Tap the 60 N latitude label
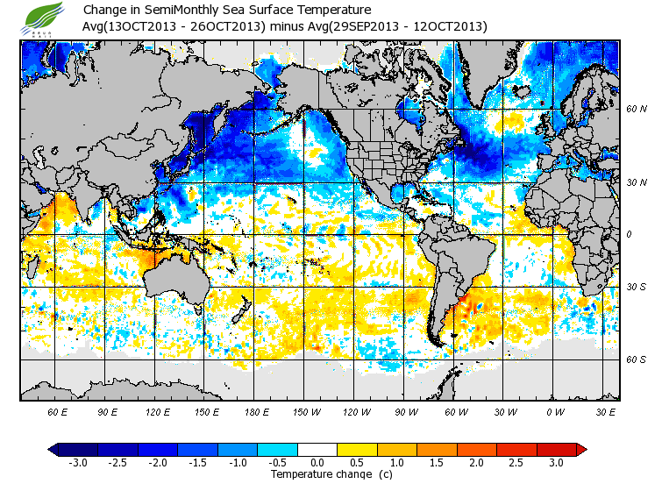coord(636,110)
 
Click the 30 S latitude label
coord(636,287)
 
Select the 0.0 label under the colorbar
coord(317,462)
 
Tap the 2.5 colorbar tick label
coord(516,462)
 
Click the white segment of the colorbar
coord(317,449)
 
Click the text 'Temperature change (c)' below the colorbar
coord(318,474)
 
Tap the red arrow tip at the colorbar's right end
coord(581,449)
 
